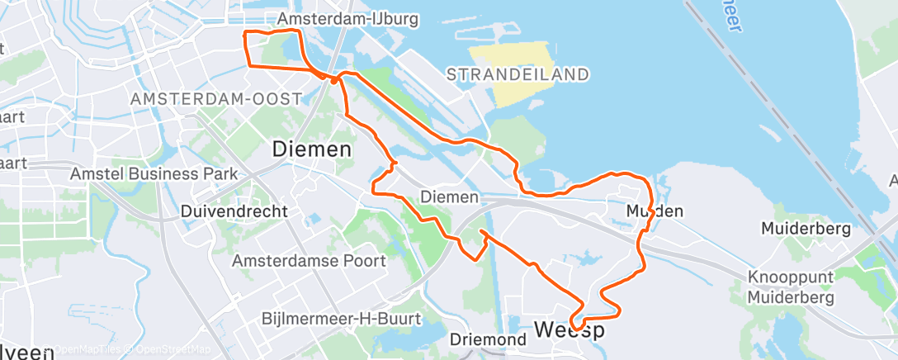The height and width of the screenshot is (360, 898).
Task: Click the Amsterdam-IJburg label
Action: [x=349, y=19]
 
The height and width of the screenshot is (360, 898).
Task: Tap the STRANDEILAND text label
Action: [x=518, y=75]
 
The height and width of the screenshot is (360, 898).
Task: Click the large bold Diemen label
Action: [x=312, y=150]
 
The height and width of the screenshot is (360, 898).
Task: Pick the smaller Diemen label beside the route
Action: [x=449, y=197]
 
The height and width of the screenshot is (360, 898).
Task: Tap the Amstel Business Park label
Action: [x=154, y=174]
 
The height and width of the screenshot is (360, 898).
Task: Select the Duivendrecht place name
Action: [x=234, y=211]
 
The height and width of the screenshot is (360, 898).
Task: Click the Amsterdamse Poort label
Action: [x=309, y=261]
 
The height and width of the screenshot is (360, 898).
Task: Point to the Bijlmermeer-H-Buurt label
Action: [x=341, y=319]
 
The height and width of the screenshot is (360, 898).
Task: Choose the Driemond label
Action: [x=489, y=339]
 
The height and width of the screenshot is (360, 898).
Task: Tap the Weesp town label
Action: [x=569, y=330]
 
